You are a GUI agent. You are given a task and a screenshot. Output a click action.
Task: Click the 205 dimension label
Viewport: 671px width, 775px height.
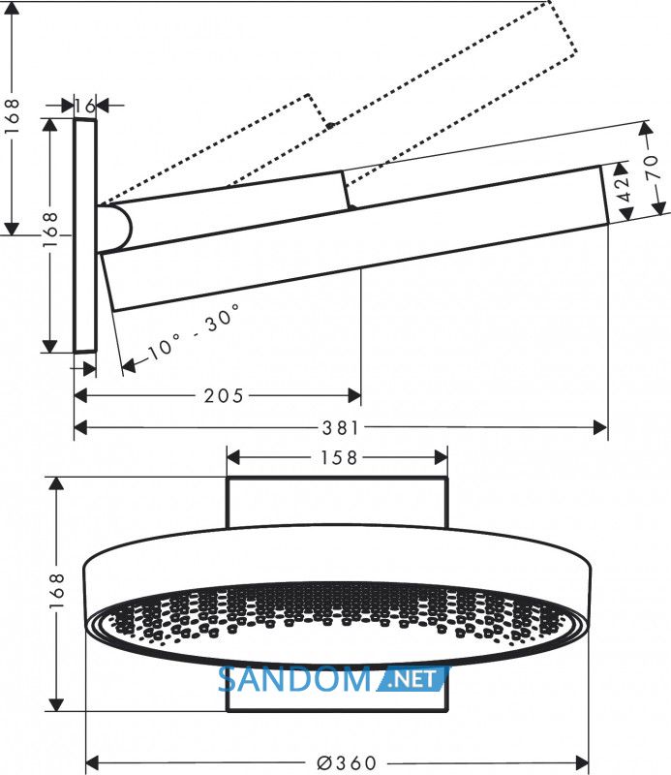coord(224,396)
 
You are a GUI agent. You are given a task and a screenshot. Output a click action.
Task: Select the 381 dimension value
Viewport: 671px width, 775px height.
coord(341,428)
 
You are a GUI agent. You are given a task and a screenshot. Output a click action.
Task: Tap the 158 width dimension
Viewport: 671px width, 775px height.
coord(339,458)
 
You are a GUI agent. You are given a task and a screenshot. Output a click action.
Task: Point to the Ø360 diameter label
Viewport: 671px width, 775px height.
coord(347,762)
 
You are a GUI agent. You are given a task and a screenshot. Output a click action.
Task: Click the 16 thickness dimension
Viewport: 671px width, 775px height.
coord(84,106)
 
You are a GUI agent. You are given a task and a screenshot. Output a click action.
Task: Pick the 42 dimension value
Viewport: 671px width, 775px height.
coord(625,190)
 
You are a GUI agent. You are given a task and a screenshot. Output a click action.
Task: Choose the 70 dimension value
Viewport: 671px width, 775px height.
coord(652,167)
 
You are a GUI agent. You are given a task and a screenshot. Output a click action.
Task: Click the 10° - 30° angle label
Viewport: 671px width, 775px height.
coord(195,331)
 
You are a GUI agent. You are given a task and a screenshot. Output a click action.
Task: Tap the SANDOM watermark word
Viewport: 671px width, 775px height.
coord(294,679)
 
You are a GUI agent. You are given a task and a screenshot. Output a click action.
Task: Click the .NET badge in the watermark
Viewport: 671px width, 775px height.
coord(414,679)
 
